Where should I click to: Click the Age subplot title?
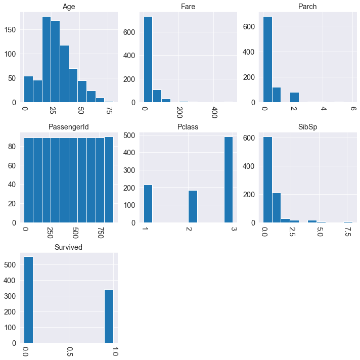(x=69, y=7)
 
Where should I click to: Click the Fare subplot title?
(x=189, y=7)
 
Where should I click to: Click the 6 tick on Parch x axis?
(x=353, y=109)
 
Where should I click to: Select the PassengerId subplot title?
(x=69, y=127)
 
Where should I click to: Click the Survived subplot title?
(x=69, y=247)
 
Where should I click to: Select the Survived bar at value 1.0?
(x=109, y=317)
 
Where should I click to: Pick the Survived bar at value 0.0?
(x=29, y=300)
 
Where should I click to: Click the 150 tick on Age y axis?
(x=12, y=30)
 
